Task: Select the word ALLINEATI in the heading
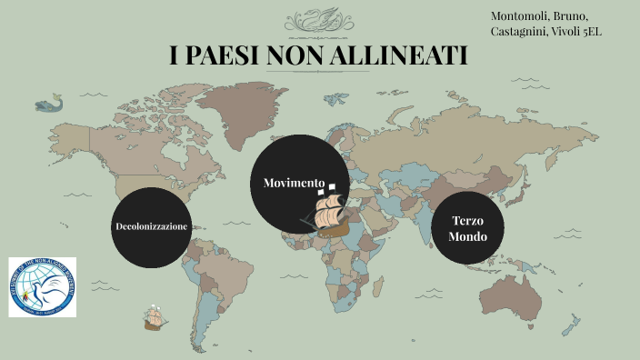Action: (401, 55)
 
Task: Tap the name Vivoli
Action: (566, 32)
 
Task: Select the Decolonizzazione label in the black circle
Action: (152, 225)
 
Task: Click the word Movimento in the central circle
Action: (294, 183)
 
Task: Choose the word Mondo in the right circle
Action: (466, 236)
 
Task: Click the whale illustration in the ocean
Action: (49, 103)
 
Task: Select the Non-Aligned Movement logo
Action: (43, 287)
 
